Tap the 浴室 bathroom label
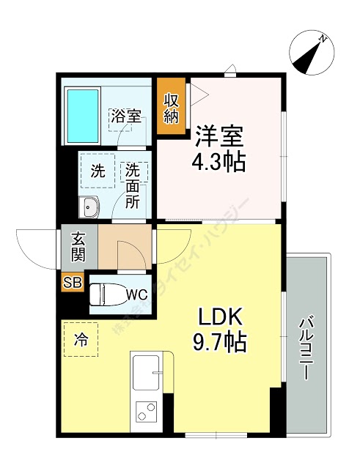point(125,115)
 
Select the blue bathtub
point(83,115)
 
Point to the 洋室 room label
point(219,137)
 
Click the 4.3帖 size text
point(219,162)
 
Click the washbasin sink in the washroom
point(89,207)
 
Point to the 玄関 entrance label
point(78,245)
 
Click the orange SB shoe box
point(73,281)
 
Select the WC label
point(136,294)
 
